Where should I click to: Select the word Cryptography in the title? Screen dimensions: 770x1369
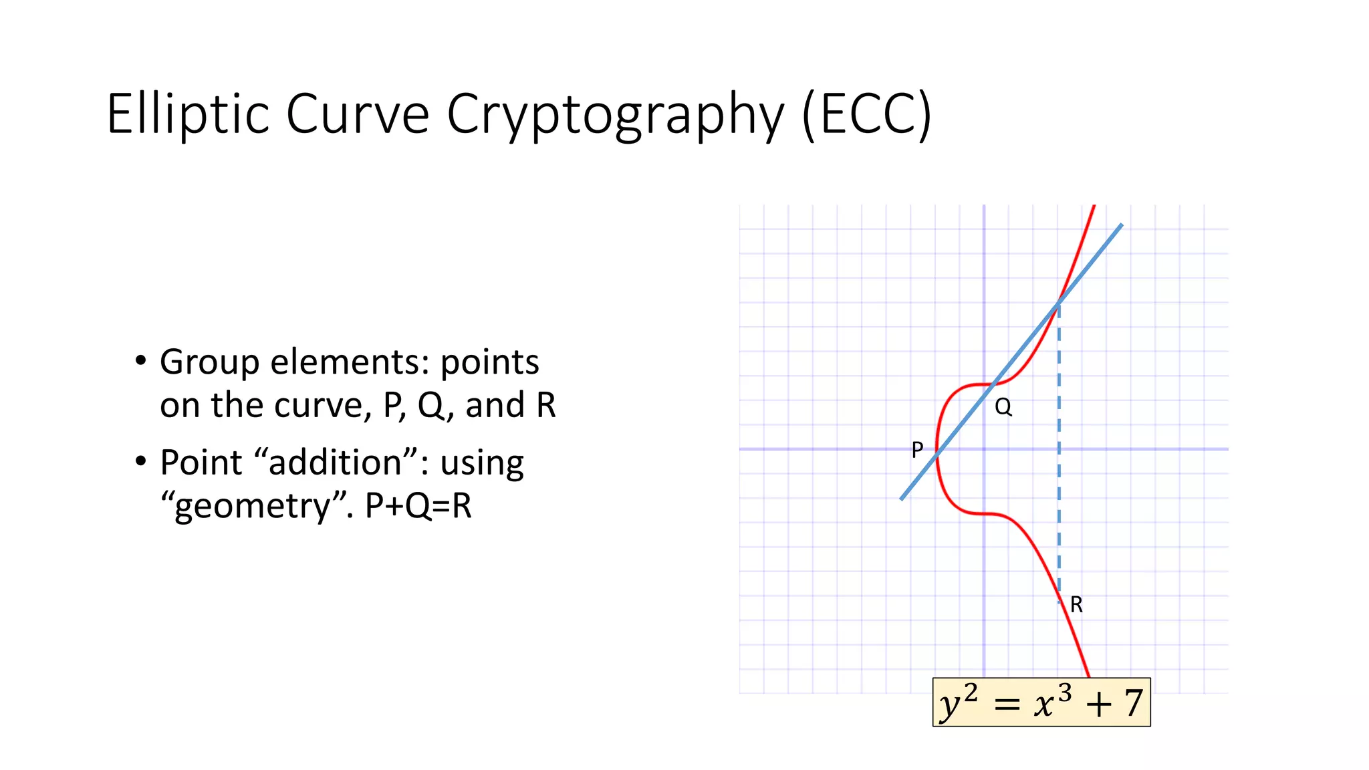click(x=615, y=115)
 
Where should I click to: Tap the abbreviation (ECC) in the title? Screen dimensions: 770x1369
click(x=866, y=115)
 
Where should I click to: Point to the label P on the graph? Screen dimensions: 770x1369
click(x=917, y=450)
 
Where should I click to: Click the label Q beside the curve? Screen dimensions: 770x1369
click(x=1003, y=406)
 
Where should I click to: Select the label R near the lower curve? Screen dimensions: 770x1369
click(x=1076, y=604)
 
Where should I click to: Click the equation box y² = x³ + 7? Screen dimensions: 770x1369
click(x=1041, y=702)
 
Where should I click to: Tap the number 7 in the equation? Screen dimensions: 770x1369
click(x=1132, y=703)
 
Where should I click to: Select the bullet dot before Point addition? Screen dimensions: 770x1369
click(x=140, y=462)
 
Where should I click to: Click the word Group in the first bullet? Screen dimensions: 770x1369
click(x=209, y=362)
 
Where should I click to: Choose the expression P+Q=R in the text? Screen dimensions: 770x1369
click(x=418, y=506)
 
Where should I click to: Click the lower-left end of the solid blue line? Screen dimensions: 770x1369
click(x=902, y=498)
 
